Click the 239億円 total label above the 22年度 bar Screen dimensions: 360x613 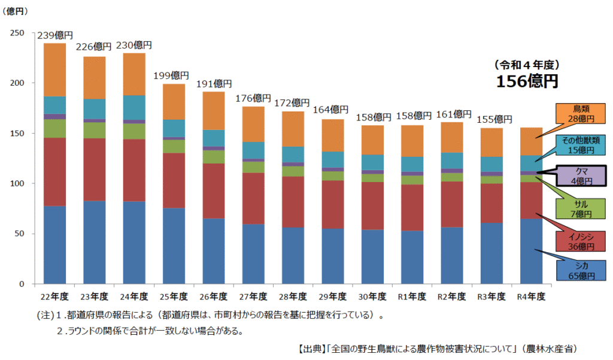click(54, 35)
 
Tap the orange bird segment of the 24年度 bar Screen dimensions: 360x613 click(134, 74)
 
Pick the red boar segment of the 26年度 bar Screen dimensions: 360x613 click(214, 191)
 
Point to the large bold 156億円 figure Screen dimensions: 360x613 click(527, 81)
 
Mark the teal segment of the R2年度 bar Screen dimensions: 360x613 click(453, 161)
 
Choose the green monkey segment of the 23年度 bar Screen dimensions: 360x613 click(94, 130)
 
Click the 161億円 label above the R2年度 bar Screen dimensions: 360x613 click(453, 114)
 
